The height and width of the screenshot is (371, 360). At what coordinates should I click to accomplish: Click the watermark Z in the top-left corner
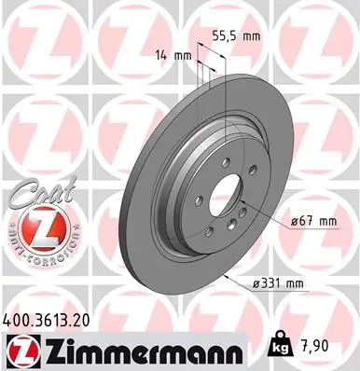click(x=28, y=28)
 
